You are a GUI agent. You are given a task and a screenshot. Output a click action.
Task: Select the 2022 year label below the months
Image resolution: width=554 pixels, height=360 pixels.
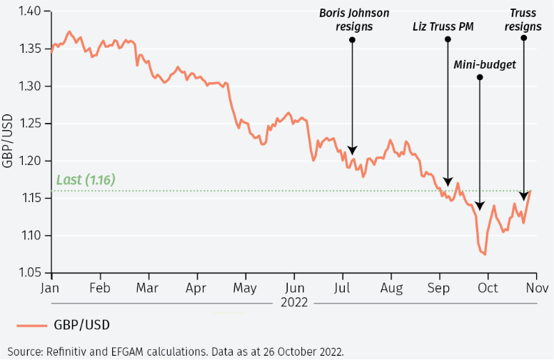pos(294,302)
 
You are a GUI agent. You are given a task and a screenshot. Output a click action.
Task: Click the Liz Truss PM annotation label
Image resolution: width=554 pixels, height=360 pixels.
pos(443,27)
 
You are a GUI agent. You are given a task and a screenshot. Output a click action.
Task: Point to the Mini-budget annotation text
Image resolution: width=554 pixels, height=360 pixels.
pos(485,65)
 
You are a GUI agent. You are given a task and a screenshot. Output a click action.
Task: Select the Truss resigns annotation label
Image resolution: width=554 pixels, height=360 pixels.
pos(525,21)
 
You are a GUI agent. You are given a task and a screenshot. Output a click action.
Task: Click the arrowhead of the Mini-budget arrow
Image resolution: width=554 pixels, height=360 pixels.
pos(480,206)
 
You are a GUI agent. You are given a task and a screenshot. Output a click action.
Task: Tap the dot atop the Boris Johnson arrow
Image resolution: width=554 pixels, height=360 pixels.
pos(352,40)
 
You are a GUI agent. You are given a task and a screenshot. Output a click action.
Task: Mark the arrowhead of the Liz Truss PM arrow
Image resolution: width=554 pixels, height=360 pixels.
pos(448,181)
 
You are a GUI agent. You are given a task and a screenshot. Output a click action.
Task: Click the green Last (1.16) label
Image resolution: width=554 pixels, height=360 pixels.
pos(86,180)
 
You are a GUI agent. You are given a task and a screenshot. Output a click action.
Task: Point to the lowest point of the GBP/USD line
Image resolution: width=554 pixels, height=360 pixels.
pos(485,254)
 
